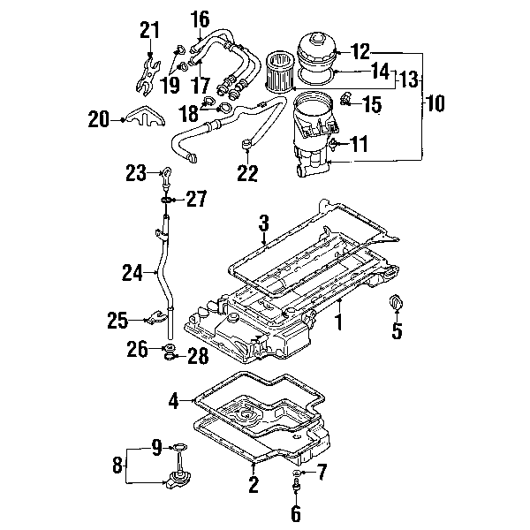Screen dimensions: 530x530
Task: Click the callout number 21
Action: (x=150, y=30)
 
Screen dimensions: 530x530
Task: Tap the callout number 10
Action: (x=435, y=102)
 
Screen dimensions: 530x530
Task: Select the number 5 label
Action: (x=397, y=329)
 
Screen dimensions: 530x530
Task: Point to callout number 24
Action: (x=132, y=272)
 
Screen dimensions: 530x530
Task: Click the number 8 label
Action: (x=117, y=466)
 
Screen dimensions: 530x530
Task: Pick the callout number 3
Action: (x=263, y=223)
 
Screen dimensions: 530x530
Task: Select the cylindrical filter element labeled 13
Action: (x=279, y=71)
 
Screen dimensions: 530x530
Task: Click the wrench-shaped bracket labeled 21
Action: (x=148, y=76)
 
